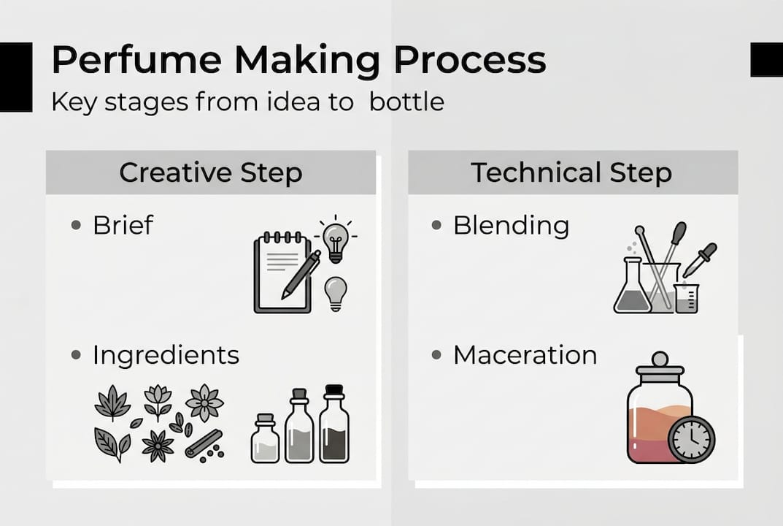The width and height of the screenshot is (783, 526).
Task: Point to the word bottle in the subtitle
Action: click(406, 102)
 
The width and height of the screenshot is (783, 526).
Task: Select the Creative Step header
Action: click(210, 173)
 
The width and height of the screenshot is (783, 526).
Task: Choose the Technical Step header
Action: click(571, 173)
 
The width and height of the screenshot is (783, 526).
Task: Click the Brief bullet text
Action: click(123, 225)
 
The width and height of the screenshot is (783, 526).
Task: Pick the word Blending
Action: click(511, 225)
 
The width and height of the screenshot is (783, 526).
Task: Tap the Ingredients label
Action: click(166, 355)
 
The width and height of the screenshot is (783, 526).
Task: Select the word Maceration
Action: click(525, 355)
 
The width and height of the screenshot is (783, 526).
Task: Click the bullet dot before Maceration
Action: click(436, 355)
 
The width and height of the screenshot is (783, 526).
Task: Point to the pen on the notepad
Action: click(301, 274)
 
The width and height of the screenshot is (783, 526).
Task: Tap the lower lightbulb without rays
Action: click(335, 292)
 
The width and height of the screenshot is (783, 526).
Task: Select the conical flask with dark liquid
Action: click(632, 289)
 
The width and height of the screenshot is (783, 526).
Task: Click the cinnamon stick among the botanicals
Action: click(204, 443)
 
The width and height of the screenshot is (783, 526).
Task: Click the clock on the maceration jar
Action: click(691, 439)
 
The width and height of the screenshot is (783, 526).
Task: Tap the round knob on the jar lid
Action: click(660, 359)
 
